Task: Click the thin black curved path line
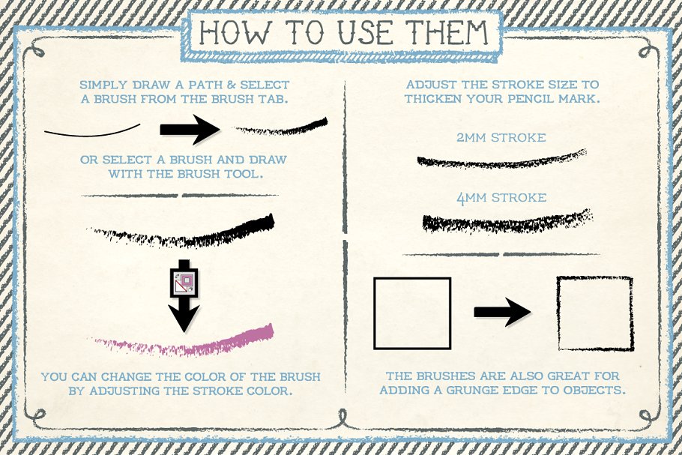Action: click(x=92, y=131)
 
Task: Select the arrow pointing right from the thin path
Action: click(x=190, y=129)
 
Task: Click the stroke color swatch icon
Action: click(x=184, y=283)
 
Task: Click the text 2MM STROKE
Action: click(x=501, y=138)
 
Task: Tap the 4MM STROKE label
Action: click(x=501, y=198)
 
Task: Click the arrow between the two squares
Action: click(x=502, y=311)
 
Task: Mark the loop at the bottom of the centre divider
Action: click(x=343, y=418)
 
